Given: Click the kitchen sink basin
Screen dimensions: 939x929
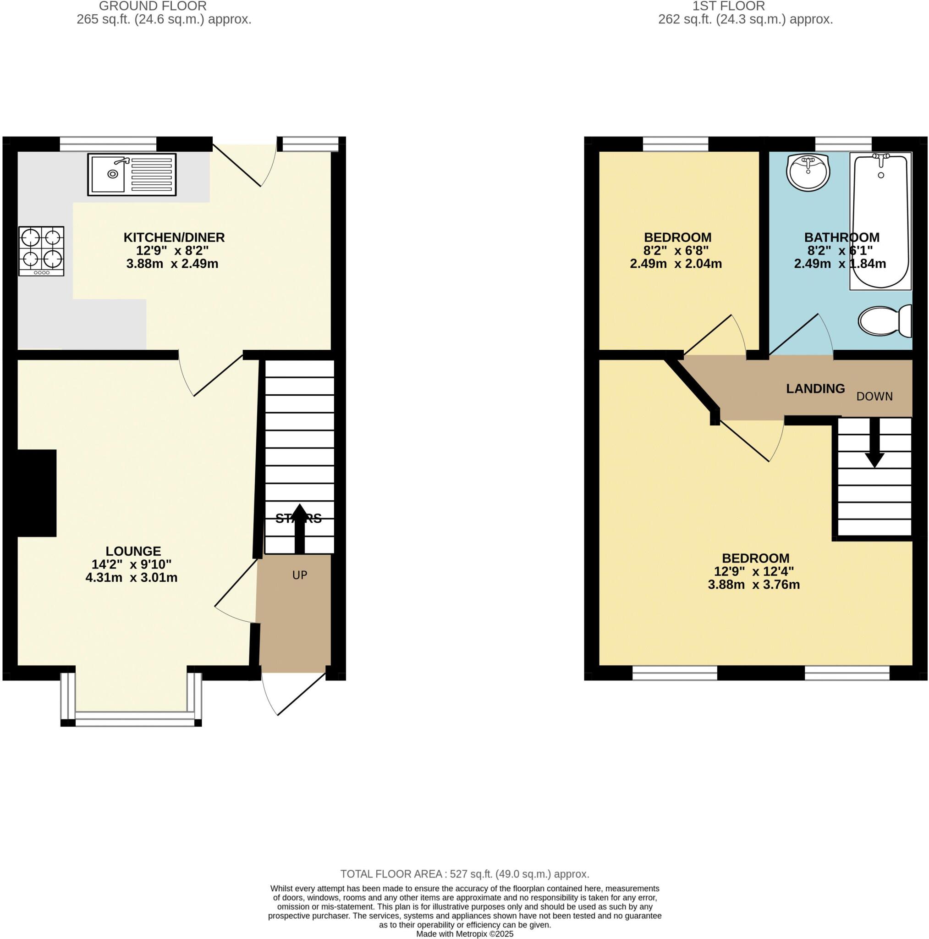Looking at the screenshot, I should coord(108,173).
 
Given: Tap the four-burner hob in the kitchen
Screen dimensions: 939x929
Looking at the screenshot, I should coord(41,251).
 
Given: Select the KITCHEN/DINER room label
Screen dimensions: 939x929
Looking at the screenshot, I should coord(174,238).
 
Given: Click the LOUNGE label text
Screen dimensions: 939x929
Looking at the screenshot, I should coord(133,551).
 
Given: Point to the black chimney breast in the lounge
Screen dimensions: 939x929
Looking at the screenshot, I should coord(37,493).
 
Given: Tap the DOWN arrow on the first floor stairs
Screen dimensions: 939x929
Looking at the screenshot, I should coord(874,443).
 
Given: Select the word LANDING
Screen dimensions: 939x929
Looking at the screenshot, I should coord(815,389).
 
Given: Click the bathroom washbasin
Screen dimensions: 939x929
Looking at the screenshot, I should coord(808,172).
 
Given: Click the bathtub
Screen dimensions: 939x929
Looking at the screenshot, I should coord(880,221).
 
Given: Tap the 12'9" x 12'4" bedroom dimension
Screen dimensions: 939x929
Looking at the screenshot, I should coord(753,572).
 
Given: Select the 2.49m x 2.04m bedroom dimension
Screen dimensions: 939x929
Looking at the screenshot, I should coord(676,264).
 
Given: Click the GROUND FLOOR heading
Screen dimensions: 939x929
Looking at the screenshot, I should coord(153,6).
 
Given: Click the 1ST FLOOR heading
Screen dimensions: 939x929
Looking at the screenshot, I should coord(728,6).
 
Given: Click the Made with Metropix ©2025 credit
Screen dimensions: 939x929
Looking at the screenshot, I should coord(465,933).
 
